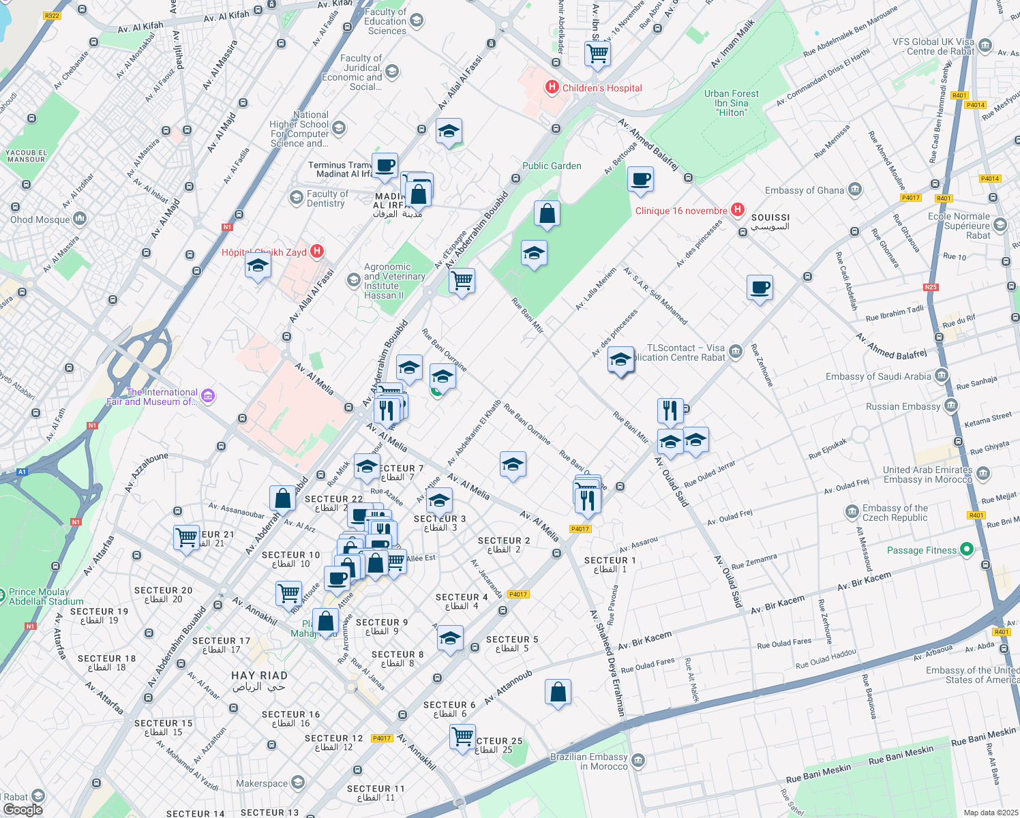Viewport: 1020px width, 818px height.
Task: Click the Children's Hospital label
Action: (x=601, y=88)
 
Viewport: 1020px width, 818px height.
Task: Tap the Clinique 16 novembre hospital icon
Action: (x=737, y=210)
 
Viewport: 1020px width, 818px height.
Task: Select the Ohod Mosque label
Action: (x=40, y=219)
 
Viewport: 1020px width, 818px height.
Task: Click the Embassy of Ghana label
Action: (x=805, y=190)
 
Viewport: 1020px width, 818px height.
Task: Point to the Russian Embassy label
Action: (x=903, y=406)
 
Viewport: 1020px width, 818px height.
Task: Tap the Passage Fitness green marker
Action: (x=965, y=549)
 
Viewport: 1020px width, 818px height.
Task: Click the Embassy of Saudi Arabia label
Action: (x=878, y=376)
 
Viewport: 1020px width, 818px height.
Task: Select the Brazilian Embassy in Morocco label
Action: (x=589, y=761)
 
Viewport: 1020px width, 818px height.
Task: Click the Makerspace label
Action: (x=262, y=783)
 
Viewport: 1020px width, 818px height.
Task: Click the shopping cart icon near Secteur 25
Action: (x=462, y=736)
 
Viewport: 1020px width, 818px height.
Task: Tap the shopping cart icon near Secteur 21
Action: (x=186, y=537)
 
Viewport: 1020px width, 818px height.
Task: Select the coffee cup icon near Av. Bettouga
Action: (x=640, y=180)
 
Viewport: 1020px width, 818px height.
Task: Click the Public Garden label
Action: (x=552, y=166)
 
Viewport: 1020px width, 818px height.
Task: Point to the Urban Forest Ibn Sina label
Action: (x=731, y=103)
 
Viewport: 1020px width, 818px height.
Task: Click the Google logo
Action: (x=22, y=809)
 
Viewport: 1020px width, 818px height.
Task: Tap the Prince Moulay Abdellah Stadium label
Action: (x=46, y=596)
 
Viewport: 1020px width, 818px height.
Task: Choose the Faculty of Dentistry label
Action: (x=327, y=198)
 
